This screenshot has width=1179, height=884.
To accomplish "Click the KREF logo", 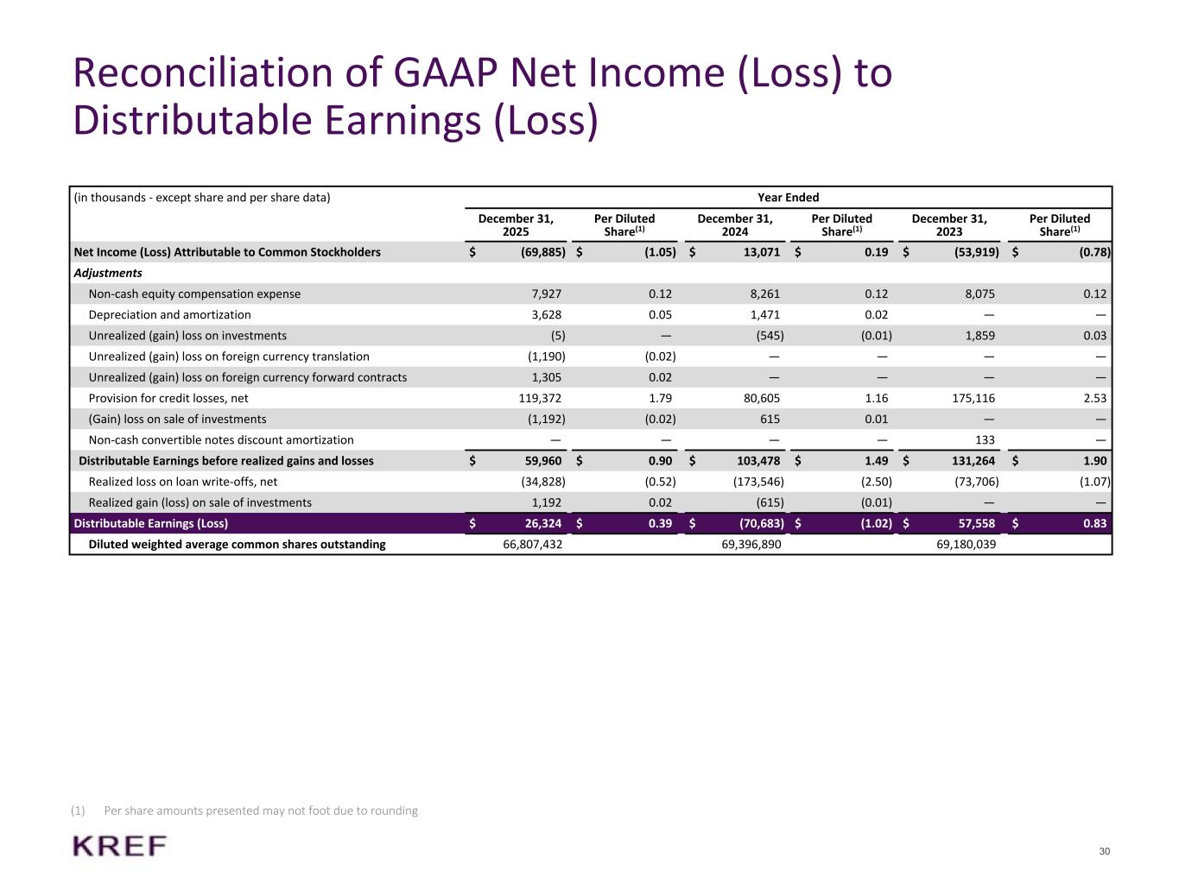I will pyautogui.click(x=120, y=846).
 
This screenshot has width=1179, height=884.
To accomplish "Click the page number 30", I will pyautogui.click(x=1104, y=852).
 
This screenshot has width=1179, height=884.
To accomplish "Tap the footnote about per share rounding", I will pyautogui.click(x=260, y=811).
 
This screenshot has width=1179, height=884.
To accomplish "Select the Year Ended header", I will pyautogui.click(x=788, y=198).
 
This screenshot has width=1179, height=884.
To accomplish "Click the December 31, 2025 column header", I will pyautogui.click(x=516, y=225).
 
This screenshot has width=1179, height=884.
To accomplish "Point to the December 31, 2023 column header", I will pyautogui.click(x=949, y=225).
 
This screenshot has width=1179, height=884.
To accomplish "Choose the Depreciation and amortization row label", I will pyautogui.click(x=169, y=315).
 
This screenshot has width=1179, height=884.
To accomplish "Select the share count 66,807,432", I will pyautogui.click(x=533, y=545).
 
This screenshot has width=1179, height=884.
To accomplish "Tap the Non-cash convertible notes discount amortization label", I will pyautogui.click(x=221, y=439).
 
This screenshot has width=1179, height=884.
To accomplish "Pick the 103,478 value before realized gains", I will pyautogui.click(x=756, y=461).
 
